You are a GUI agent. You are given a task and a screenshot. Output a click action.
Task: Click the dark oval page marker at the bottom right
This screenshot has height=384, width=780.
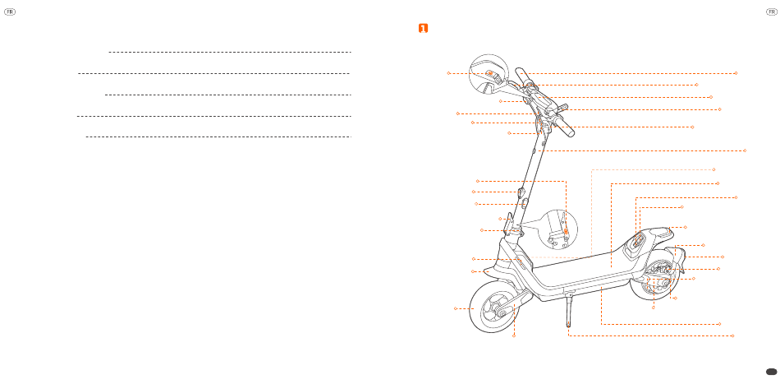coord(769,371)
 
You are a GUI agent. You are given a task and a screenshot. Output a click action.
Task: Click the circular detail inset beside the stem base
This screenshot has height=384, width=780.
coord(560,230)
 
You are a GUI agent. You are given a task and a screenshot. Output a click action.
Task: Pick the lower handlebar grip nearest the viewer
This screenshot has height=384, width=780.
coord(564,127)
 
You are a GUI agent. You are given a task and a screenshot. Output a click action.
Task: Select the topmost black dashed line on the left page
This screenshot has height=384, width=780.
coord(229,52)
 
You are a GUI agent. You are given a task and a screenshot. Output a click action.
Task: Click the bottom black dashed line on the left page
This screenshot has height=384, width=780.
coord(218,137)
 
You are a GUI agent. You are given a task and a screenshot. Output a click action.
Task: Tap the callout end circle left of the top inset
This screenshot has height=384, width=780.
coord(448,73)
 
